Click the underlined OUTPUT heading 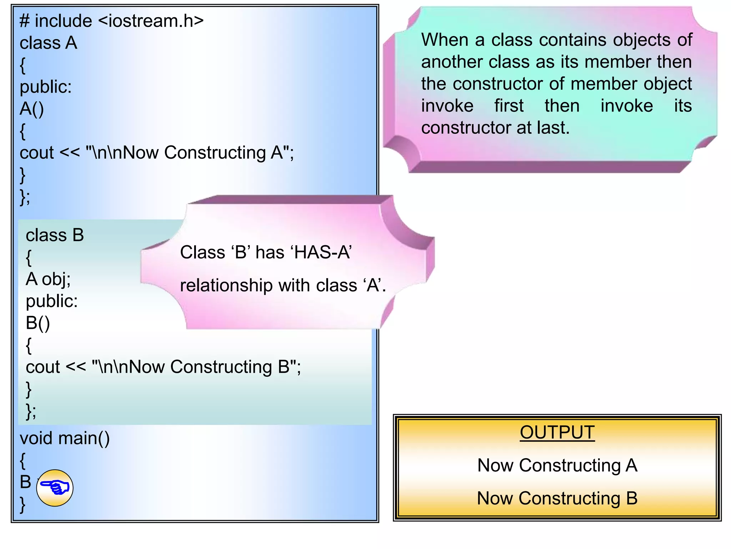pyautogui.click(x=557, y=432)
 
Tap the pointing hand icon pyautogui.click(x=55, y=488)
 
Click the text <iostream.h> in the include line pyautogui.click(x=151, y=21)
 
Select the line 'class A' pyautogui.click(x=48, y=43)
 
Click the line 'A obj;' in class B pyautogui.click(x=48, y=279)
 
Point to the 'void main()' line pyautogui.click(x=65, y=438)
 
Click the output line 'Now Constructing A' pyautogui.click(x=557, y=465)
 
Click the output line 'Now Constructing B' pyautogui.click(x=557, y=498)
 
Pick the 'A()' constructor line pyautogui.click(x=32, y=109)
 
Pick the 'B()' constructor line pyautogui.click(x=38, y=323)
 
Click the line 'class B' pyautogui.click(x=55, y=235)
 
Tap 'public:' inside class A pyautogui.click(x=46, y=87)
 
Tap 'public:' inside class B pyautogui.click(x=52, y=301)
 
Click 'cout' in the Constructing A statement pyautogui.click(x=37, y=153)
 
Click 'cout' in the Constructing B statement pyautogui.click(x=43, y=367)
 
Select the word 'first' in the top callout pyautogui.click(x=509, y=106)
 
